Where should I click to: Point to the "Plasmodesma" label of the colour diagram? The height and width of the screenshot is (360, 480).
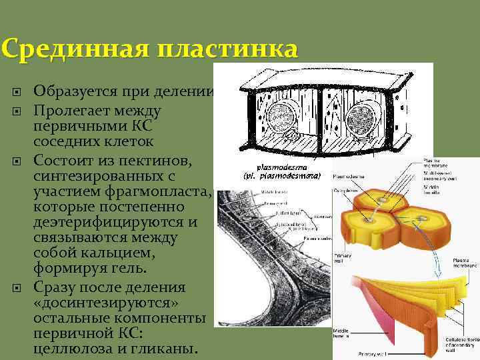348,177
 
